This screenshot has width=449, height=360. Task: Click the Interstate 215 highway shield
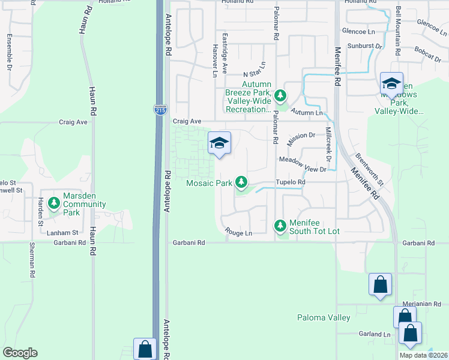coord(164,110)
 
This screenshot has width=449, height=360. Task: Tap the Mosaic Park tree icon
coord(241,181)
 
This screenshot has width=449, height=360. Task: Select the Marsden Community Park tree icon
coord(54,203)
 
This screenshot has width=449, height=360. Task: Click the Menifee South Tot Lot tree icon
coord(280,226)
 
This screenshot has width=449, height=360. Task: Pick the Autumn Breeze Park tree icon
coord(280,95)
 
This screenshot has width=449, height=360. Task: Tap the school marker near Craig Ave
coord(219,143)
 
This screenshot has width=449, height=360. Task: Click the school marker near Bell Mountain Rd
coord(391,84)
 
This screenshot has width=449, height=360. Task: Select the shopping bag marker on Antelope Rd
coord(145,349)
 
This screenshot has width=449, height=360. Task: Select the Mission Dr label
coord(301,136)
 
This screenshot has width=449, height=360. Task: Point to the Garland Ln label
coord(375,334)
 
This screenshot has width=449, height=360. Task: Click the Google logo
coord(20,353)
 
